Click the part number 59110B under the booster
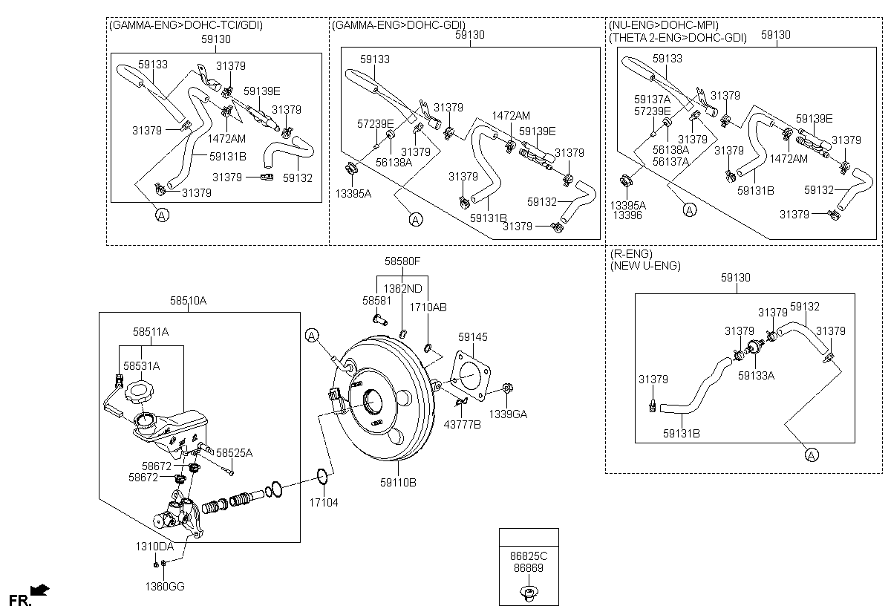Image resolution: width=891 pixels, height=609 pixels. pos(397,483)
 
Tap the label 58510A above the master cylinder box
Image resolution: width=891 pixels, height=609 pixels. pos(188,301)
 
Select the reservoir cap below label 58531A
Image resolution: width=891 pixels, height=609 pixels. pos(139,391)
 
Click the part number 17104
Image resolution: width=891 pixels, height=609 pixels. pos(323,503)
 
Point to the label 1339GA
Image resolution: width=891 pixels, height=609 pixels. pos(508,414)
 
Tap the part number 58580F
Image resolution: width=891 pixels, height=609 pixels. pos(402,261)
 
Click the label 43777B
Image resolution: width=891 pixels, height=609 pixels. pos(462,424)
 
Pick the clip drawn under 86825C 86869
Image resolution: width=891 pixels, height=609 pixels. pos(528,592)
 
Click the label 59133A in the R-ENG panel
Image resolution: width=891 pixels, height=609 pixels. pos(756,376)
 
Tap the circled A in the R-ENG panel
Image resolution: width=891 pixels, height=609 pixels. pos(811,455)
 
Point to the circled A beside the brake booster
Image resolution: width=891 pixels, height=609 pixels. pos(312,336)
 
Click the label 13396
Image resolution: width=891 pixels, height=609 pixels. pos(627,215)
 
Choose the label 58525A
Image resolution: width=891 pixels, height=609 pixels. pos(234,452)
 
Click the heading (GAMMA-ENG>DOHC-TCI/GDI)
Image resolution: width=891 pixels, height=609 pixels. pos(186,25)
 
